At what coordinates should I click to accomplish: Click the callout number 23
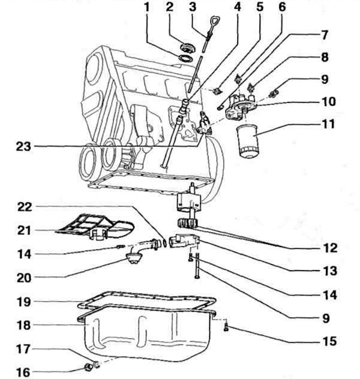coord(23,146)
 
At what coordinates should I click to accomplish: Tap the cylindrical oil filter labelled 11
coord(247,141)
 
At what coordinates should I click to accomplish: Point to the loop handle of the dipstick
coord(214,23)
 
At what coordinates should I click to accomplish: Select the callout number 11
coord(328,124)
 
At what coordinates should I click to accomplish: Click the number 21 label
coord(24,230)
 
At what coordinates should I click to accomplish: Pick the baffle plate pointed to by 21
coord(95,227)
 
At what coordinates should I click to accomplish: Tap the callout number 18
coord(23,325)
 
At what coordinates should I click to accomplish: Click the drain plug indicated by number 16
coord(88,367)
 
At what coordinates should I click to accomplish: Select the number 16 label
coord(23,372)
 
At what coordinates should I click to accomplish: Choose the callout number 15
coord(329,341)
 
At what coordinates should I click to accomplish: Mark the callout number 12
coord(330,248)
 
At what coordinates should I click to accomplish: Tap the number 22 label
coord(25,207)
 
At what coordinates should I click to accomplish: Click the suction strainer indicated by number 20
coord(133,257)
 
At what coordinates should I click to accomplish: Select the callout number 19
coord(23,302)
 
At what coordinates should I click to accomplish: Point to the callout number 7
coord(325,35)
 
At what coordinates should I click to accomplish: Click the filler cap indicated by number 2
coord(188,47)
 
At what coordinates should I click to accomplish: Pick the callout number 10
coord(329,101)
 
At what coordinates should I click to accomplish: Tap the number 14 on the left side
coord(24,254)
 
